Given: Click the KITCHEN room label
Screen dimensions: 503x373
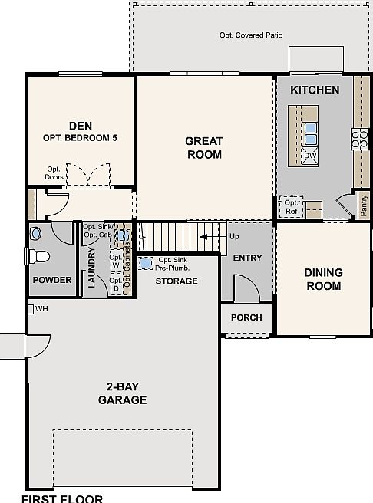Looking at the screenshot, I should coord(315,90).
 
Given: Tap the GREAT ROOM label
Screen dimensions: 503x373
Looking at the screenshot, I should coord(204,147).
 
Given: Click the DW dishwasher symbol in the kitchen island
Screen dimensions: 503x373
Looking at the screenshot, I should coord(311,156).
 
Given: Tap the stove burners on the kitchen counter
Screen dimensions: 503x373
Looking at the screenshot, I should coord(359,139).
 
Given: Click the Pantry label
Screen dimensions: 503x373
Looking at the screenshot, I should coord(364,206).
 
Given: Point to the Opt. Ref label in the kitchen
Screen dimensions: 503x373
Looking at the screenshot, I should coord(292,207).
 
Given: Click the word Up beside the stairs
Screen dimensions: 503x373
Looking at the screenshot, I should coord(234,236).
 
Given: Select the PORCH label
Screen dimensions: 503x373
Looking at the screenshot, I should coord(246,317).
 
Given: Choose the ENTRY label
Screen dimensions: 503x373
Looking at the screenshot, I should coord(247,258).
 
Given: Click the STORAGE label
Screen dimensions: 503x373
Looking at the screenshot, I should coord(177,281).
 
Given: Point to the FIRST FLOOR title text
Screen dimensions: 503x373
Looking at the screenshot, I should coord(62,498).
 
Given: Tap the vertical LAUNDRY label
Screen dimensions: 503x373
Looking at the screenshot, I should coord(91,267).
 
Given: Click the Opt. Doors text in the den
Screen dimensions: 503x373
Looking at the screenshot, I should coord(54,173).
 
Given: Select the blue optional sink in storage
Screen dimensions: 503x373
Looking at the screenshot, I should coord(146,263).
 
